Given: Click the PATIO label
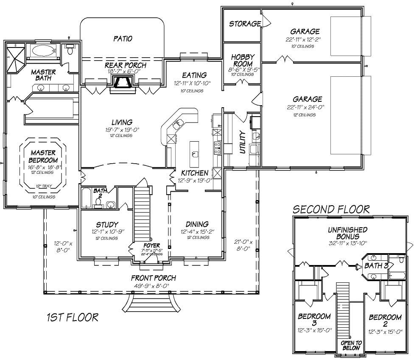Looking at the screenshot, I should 123,39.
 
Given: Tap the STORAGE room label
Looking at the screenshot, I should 244,24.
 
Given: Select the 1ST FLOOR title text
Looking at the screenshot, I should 72,317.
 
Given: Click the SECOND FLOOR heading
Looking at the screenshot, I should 331,209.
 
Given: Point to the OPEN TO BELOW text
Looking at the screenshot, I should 350,345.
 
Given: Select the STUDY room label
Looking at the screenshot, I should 107,224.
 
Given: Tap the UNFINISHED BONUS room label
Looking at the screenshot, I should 347,233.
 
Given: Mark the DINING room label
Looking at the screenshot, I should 197,224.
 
